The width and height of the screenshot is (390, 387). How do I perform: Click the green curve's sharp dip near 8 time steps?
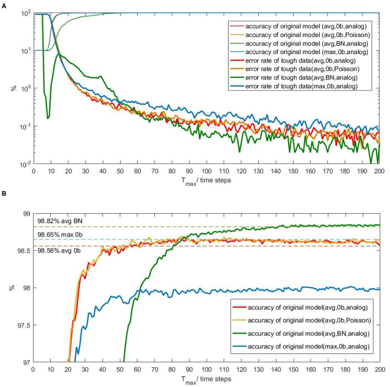pos(48,118)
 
